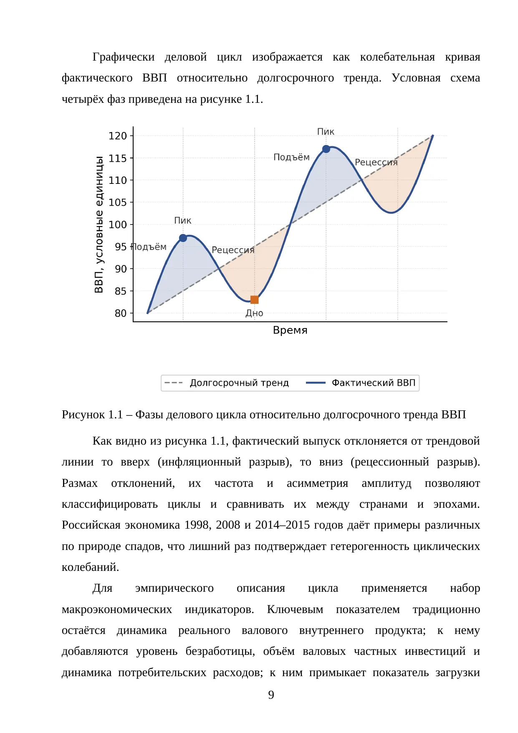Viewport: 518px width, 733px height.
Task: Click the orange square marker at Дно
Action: (x=254, y=300)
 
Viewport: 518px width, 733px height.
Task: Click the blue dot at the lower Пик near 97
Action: (x=183, y=238)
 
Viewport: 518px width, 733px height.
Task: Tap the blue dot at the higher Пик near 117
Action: (x=326, y=149)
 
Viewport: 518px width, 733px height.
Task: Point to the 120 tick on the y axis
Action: (x=131, y=136)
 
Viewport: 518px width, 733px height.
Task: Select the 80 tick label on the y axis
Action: (x=121, y=313)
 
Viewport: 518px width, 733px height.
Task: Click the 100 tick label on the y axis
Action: (x=118, y=224)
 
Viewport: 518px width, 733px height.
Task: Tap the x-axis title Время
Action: (x=290, y=330)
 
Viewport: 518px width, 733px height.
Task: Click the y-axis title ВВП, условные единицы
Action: (x=99, y=224)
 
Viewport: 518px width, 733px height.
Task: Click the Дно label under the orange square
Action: (x=254, y=313)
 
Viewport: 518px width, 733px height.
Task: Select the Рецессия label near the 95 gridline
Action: (x=233, y=250)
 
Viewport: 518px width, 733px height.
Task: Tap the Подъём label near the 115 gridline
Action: (x=291, y=157)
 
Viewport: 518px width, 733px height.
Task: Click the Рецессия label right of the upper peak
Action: (x=376, y=162)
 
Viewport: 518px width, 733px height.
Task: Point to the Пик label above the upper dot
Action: (x=326, y=132)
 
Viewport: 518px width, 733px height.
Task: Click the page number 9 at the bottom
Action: (x=271, y=695)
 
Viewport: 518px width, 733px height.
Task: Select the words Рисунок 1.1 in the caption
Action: (x=92, y=415)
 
